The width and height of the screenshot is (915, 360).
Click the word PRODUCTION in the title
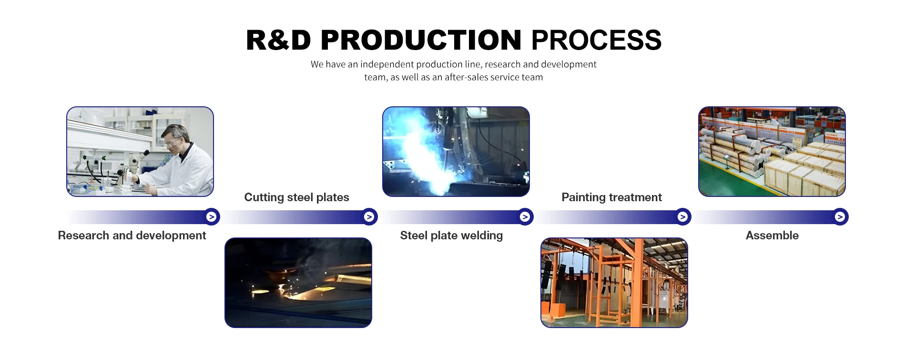point(421,40)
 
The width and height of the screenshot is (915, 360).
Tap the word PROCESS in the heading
point(596,40)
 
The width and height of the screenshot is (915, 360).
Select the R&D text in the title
point(278,40)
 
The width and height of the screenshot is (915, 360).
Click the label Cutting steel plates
point(296,197)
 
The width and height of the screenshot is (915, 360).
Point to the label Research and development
point(132,236)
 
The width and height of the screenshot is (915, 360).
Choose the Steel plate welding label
point(451,236)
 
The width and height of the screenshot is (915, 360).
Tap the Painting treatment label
point(611,197)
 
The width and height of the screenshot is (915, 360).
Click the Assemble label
point(772,236)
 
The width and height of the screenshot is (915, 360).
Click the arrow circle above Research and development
point(212,217)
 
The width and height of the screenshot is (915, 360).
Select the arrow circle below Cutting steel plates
point(369,217)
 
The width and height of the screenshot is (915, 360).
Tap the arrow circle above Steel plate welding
point(525,217)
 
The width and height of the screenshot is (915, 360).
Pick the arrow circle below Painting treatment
point(683,217)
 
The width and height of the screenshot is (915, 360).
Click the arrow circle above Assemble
point(840,217)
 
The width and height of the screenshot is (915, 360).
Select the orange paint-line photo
point(614,283)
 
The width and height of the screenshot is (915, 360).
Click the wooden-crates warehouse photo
point(772,152)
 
